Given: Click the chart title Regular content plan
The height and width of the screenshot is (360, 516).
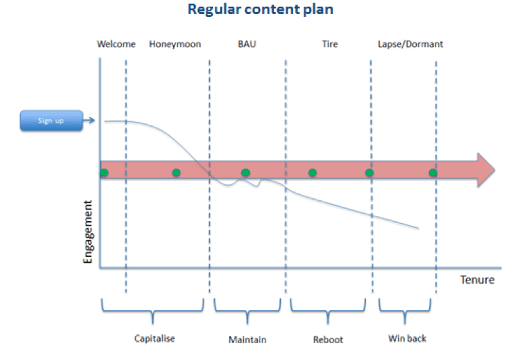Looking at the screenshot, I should coord(260,10).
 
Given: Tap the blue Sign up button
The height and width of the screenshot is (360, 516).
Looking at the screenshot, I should coord(51,121).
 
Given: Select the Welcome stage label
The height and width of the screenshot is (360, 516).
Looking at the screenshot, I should coord(116,44).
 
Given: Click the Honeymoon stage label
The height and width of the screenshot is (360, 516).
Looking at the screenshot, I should coord(174,44).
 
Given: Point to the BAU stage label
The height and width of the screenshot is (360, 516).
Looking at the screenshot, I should coord(247,44).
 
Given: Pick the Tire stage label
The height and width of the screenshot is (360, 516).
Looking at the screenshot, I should coord(329,44).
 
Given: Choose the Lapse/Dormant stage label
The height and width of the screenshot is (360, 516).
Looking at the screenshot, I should coord(410,44).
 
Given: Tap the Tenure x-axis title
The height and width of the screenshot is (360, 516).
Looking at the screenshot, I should coord(477,279).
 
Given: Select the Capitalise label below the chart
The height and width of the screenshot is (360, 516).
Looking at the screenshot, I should coord(154,338).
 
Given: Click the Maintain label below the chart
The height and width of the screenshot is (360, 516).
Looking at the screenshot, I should coord(247,339).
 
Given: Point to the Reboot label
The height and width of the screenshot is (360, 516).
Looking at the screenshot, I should coord(328,339).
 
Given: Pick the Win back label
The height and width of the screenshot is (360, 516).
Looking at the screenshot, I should coord(407,338).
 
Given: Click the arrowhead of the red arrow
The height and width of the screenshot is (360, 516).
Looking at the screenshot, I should coord(486,170).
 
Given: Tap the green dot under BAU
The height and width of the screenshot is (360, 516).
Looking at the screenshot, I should coord(246,173).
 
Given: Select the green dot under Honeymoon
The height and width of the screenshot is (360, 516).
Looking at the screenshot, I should coord(176,173).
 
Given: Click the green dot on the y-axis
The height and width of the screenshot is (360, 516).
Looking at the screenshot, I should coord(103,173).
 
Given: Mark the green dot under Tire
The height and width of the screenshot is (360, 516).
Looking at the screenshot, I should coord(313,173).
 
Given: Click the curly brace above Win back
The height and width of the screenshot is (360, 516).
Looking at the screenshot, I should coord(405,312).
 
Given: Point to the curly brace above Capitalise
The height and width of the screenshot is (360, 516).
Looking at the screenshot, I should coord(152,312).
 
